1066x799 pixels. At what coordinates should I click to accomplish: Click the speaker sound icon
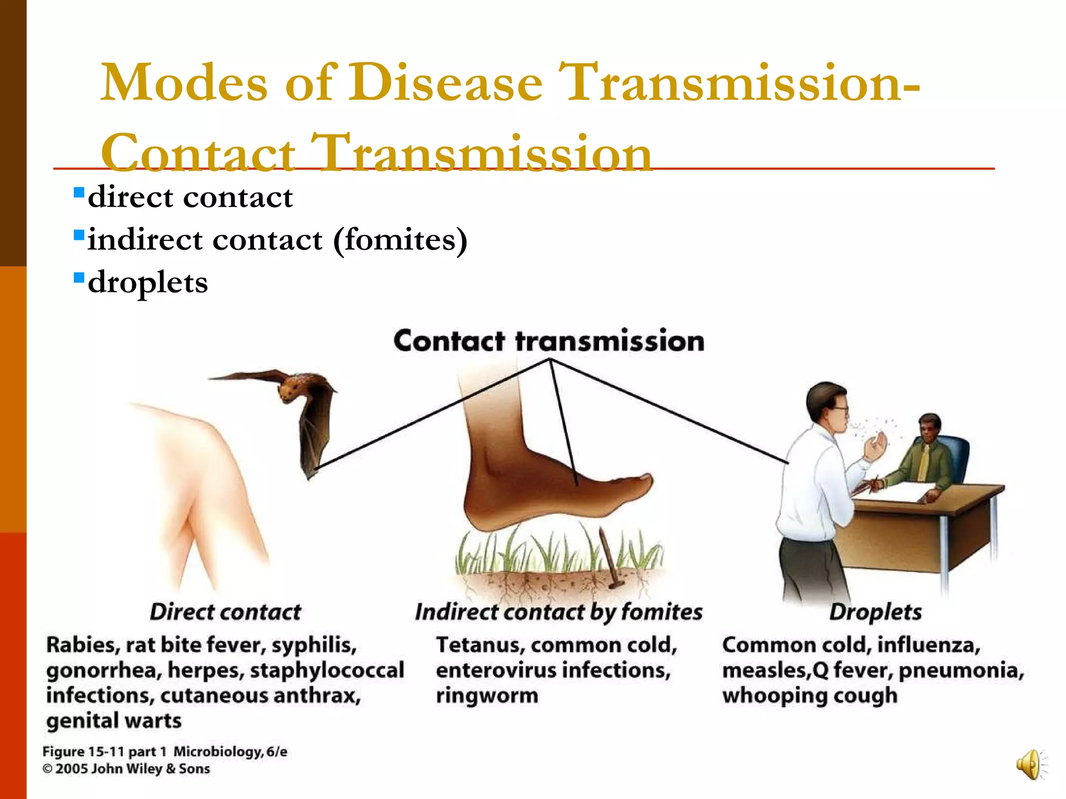pyautogui.click(x=1030, y=765)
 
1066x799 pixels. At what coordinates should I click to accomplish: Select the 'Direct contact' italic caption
pyautogui.click(x=225, y=612)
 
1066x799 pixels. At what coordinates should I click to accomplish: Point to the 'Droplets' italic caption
pyautogui.click(x=875, y=612)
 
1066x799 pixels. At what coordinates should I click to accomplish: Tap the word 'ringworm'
pyautogui.click(x=487, y=695)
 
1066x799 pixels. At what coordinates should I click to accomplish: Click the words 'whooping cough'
pyautogui.click(x=810, y=695)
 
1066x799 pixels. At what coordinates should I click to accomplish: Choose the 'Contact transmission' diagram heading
pyautogui.click(x=549, y=341)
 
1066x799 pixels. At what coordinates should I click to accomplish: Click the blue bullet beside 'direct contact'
pyautogui.click(x=79, y=193)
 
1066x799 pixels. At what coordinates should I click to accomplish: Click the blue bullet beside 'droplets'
pyautogui.click(x=79, y=278)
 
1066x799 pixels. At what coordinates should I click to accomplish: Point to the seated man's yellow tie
pyautogui.click(x=923, y=462)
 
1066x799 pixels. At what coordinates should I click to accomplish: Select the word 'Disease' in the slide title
pyautogui.click(x=446, y=83)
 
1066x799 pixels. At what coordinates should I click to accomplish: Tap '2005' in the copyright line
pyautogui.click(x=72, y=769)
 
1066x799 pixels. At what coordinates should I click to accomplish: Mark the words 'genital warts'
pyautogui.click(x=114, y=721)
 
